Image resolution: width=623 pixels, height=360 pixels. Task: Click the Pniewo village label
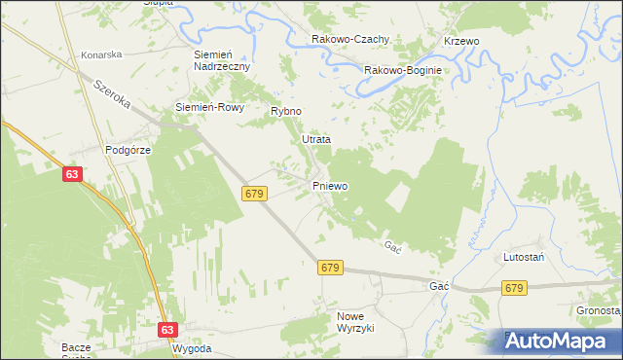click(x=330, y=185)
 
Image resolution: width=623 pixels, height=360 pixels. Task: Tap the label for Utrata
click(x=315, y=139)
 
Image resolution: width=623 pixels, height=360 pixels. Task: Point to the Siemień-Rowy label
click(x=202, y=106)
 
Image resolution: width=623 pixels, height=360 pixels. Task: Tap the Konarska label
click(x=101, y=55)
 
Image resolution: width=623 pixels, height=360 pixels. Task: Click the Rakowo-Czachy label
click(x=350, y=39)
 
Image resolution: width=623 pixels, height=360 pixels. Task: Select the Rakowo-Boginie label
click(x=403, y=70)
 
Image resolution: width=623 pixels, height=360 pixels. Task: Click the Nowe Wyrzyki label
click(x=355, y=322)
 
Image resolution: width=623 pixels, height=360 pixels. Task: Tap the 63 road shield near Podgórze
click(x=73, y=173)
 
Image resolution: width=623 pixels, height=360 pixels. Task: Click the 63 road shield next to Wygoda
click(x=166, y=330)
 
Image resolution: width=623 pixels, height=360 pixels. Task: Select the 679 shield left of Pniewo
click(x=255, y=194)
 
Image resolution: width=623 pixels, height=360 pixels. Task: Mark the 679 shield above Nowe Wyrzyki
click(x=330, y=267)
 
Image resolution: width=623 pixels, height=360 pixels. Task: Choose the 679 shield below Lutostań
click(x=515, y=288)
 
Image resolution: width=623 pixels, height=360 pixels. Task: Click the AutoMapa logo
click(x=557, y=342)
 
